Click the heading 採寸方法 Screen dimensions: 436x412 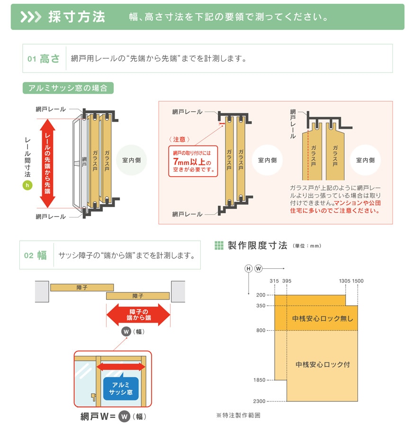[76, 17]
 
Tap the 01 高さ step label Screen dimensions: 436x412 [44, 59]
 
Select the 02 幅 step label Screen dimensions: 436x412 [36, 255]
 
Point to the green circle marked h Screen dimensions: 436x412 [27, 185]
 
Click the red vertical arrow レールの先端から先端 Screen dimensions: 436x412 [47, 163]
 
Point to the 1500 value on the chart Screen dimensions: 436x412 [358, 281]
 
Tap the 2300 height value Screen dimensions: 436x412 [259, 401]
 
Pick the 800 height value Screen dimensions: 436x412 [261, 330]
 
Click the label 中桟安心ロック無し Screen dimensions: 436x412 [322, 318]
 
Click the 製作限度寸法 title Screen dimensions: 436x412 [257, 245]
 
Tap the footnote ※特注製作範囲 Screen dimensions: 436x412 [238, 415]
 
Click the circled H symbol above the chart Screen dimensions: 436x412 [249, 269]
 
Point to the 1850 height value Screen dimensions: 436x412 [259, 380]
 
